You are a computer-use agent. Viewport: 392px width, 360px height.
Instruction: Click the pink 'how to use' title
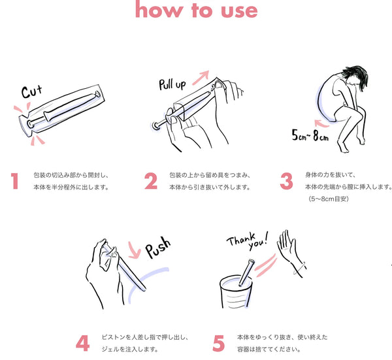(x=196, y=10)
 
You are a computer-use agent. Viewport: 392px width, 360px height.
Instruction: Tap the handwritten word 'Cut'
(x=31, y=91)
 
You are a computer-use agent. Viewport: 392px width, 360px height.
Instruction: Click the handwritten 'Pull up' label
(x=172, y=84)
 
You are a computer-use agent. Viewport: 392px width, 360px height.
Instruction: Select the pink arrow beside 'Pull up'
(x=201, y=77)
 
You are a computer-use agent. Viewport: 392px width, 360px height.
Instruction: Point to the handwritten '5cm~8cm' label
(x=310, y=135)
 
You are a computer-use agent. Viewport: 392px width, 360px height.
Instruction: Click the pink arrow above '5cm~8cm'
(x=321, y=123)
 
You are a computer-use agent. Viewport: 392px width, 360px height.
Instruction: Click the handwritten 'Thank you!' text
(x=248, y=240)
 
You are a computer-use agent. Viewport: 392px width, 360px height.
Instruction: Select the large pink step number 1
(x=15, y=181)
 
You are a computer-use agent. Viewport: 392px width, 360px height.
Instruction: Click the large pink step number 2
(x=151, y=181)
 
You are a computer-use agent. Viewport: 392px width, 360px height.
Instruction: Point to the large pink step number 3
(x=287, y=181)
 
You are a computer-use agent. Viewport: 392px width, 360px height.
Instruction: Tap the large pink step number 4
(x=83, y=343)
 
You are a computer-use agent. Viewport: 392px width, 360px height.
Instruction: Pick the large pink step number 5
(x=218, y=343)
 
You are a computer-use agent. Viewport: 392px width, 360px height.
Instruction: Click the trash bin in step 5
(x=235, y=293)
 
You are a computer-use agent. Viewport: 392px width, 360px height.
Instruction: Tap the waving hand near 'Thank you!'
(x=290, y=252)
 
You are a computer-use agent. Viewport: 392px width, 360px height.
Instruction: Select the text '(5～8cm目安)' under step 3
(x=328, y=199)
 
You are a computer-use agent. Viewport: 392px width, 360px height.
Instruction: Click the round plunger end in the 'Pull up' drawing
(x=155, y=125)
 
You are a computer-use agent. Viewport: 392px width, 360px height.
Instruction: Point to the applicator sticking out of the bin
(x=246, y=272)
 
